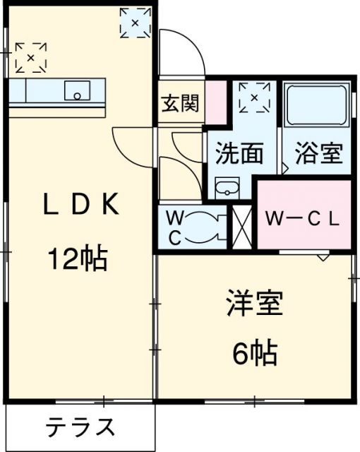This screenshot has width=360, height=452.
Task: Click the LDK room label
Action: pyautogui.click(x=80, y=206)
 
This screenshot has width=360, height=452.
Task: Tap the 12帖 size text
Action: pyautogui.click(x=78, y=260)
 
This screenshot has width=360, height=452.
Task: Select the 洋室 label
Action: pyautogui.click(x=254, y=304)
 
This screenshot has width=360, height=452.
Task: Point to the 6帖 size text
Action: pyautogui.click(x=255, y=351)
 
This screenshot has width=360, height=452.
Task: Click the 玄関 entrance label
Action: pyautogui.click(x=179, y=104)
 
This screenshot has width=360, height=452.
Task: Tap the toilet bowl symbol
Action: pyautogui.click(x=210, y=227)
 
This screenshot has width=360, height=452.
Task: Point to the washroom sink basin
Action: pyautogui.click(x=227, y=189)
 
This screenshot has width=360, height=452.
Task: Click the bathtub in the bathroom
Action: pyautogui.click(x=317, y=105)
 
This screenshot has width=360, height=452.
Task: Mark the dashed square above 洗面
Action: pyautogui.click(x=254, y=97)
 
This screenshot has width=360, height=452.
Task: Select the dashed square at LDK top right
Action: pyautogui.click(x=135, y=22)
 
